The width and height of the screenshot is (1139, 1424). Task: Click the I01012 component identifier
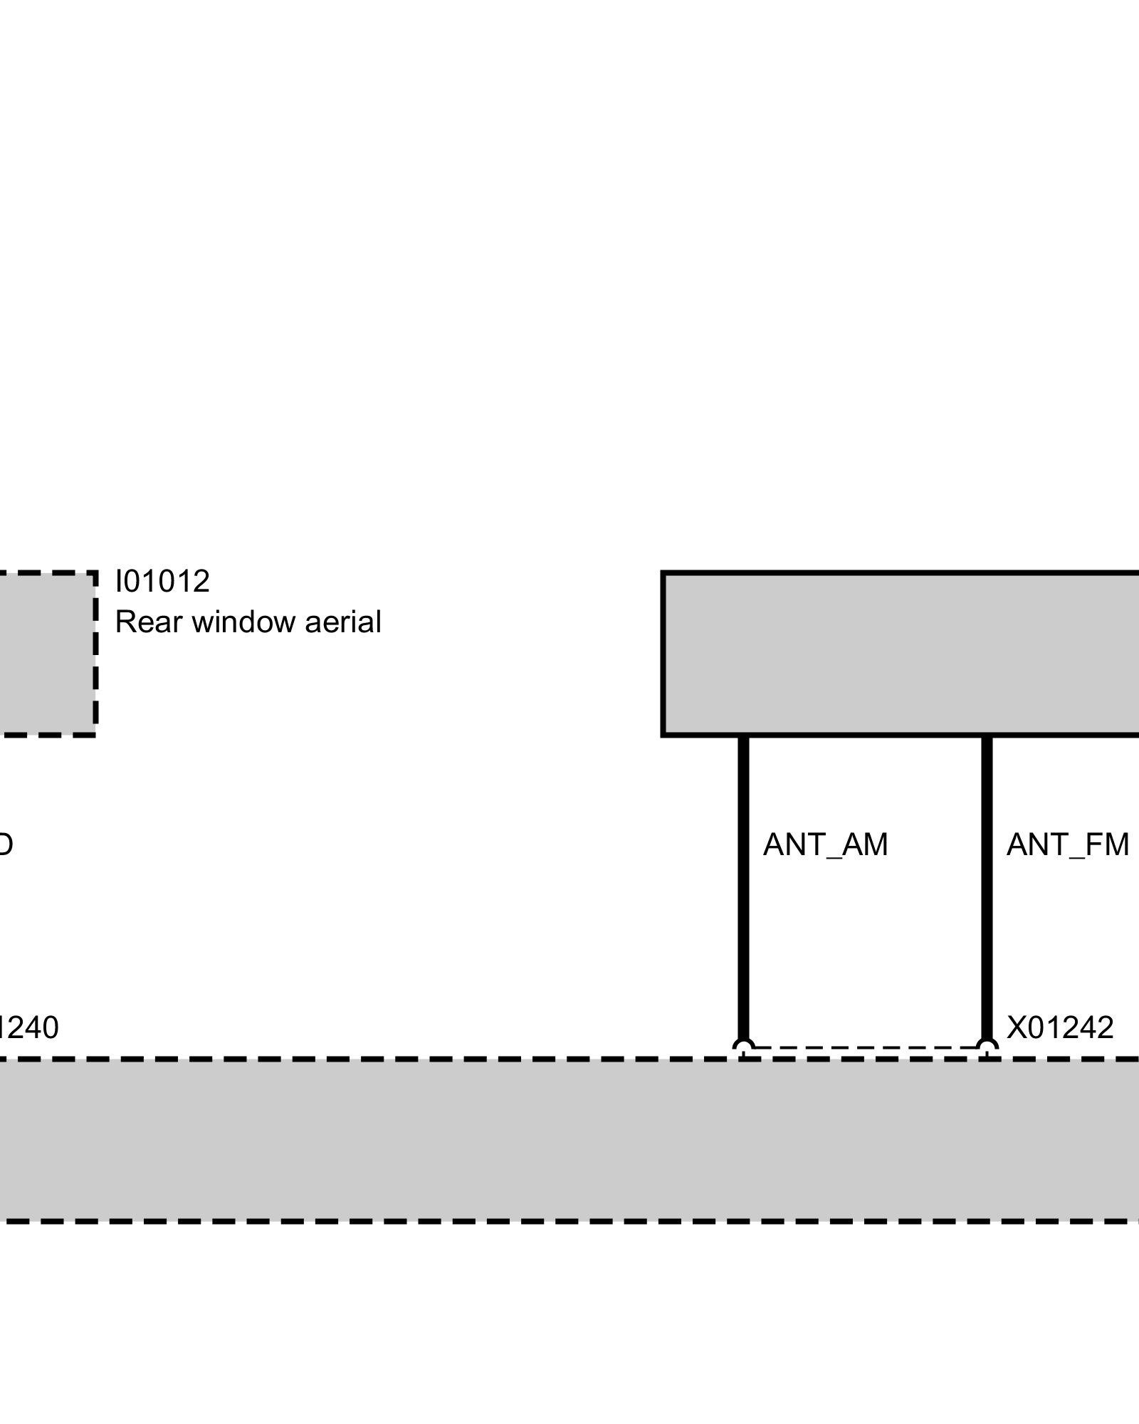click(162, 582)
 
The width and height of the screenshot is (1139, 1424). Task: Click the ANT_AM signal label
click(825, 845)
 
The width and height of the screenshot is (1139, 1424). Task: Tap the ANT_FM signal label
click(1067, 845)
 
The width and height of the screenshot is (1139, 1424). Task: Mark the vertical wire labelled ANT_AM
click(743, 890)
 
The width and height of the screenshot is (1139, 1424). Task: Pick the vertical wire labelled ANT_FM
click(987, 890)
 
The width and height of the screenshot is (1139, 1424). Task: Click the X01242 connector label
click(1059, 1028)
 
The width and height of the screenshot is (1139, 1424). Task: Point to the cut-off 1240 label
click(28, 1028)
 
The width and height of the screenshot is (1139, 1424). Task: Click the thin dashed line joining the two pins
click(865, 1047)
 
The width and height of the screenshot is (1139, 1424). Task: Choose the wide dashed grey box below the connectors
click(569, 1140)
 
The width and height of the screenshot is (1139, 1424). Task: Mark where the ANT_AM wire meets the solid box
click(743, 736)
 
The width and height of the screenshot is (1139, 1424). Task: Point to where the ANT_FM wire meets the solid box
click(987, 736)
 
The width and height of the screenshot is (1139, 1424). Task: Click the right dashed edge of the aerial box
click(95, 654)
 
